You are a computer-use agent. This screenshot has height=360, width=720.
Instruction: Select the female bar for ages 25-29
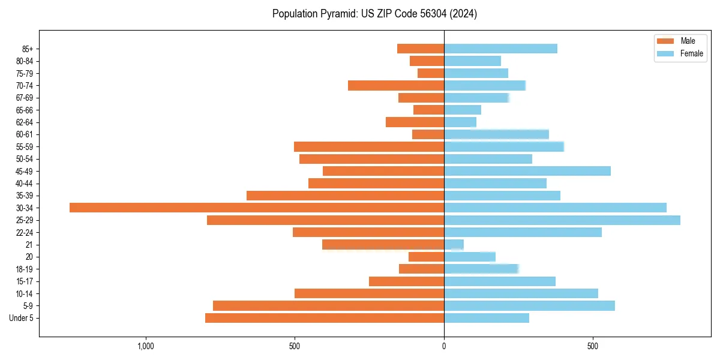pyautogui.click(x=562, y=220)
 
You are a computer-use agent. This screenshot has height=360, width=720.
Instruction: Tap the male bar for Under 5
pyautogui.click(x=325, y=318)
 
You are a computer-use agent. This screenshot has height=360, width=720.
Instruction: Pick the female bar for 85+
pyautogui.click(x=500, y=49)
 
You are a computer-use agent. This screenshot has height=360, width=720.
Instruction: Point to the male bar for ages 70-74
pyautogui.click(x=396, y=85)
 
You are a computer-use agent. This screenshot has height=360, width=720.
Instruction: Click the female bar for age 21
pyautogui.click(x=454, y=244)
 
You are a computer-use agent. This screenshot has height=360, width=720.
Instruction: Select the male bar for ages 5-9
pyautogui.click(x=328, y=305)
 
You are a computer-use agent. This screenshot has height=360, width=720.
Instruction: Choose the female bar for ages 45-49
pyautogui.click(x=527, y=171)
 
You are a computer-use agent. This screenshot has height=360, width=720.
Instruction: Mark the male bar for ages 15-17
pyautogui.click(x=406, y=281)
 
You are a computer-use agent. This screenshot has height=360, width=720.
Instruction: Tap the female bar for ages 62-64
pyautogui.click(x=460, y=122)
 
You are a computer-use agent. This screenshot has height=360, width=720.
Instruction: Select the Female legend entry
pyautogui.click(x=680, y=53)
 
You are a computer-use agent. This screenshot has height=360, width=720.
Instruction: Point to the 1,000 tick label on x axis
pyautogui.click(x=146, y=346)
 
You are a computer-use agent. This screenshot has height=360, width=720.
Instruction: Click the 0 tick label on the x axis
pyautogui.click(x=444, y=346)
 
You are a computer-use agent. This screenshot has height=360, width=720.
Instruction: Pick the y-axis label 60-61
pyautogui.click(x=25, y=134)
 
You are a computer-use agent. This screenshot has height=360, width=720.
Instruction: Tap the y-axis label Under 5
pyautogui.click(x=22, y=318)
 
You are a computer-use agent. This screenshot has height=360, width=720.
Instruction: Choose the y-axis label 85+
pyautogui.click(x=28, y=49)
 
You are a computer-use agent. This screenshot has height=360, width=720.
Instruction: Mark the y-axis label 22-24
pyautogui.click(x=25, y=232)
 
